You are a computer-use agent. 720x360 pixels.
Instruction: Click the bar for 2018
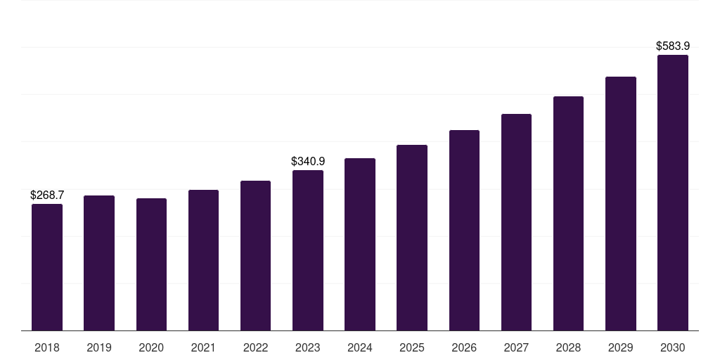pyautogui.click(x=47, y=267)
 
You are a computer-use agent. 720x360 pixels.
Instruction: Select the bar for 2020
pyautogui.click(x=151, y=264)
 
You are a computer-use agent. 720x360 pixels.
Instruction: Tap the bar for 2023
pyautogui.click(x=308, y=250)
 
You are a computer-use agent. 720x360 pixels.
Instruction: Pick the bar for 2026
pyautogui.click(x=464, y=230)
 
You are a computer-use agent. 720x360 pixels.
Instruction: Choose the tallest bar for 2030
pyautogui.click(x=673, y=193)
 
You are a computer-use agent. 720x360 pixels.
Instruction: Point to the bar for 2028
pyautogui.click(x=568, y=213)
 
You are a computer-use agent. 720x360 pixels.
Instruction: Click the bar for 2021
pyautogui.click(x=203, y=260)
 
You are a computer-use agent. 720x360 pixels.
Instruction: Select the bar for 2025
pyautogui.click(x=412, y=238)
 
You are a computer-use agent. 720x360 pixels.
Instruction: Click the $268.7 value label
pyautogui.click(x=47, y=195)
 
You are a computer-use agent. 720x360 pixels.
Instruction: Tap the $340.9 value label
pyautogui.click(x=308, y=161)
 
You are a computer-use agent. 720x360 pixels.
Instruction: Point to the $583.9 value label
pyautogui.click(x=673, y=46)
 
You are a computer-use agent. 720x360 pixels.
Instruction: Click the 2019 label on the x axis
pyautogui.click(x=99, y=347)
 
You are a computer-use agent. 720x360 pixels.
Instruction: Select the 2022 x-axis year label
pyautogui.click(x=256, y=347)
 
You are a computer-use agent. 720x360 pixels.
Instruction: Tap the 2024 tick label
pyautogui.click(x=360, y=347)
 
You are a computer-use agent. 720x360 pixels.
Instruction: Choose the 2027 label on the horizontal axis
pyautogui.click(x=516, y=347)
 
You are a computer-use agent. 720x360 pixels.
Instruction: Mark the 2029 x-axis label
pyautogui.click(x=621, y=347)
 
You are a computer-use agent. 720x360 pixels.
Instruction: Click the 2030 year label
pyautogui.click(x=673, y=347)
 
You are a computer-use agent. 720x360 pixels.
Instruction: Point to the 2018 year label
pyautogui.click(x=47, y=347)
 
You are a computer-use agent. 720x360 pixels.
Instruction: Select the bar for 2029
pyautogui.click(x=621, y=203)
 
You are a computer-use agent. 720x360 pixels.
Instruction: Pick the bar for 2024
pyautogui.click(x=360, y=244)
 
